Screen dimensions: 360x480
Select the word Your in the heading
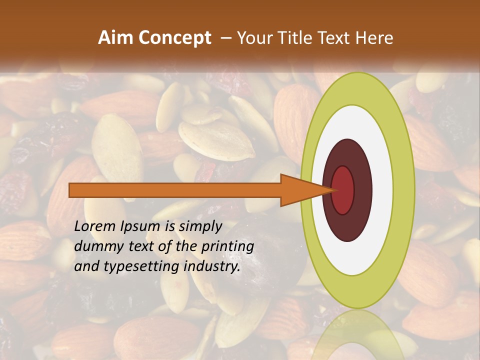coord(253,38)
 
